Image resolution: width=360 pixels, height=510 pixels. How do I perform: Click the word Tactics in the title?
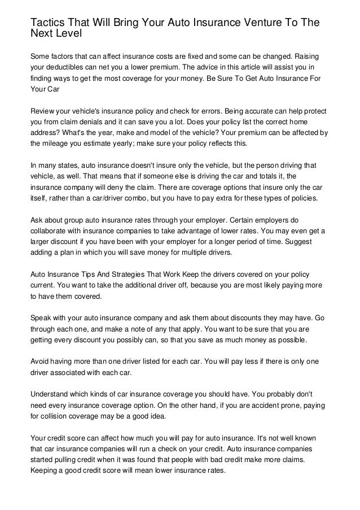click(x=47, y=23)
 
